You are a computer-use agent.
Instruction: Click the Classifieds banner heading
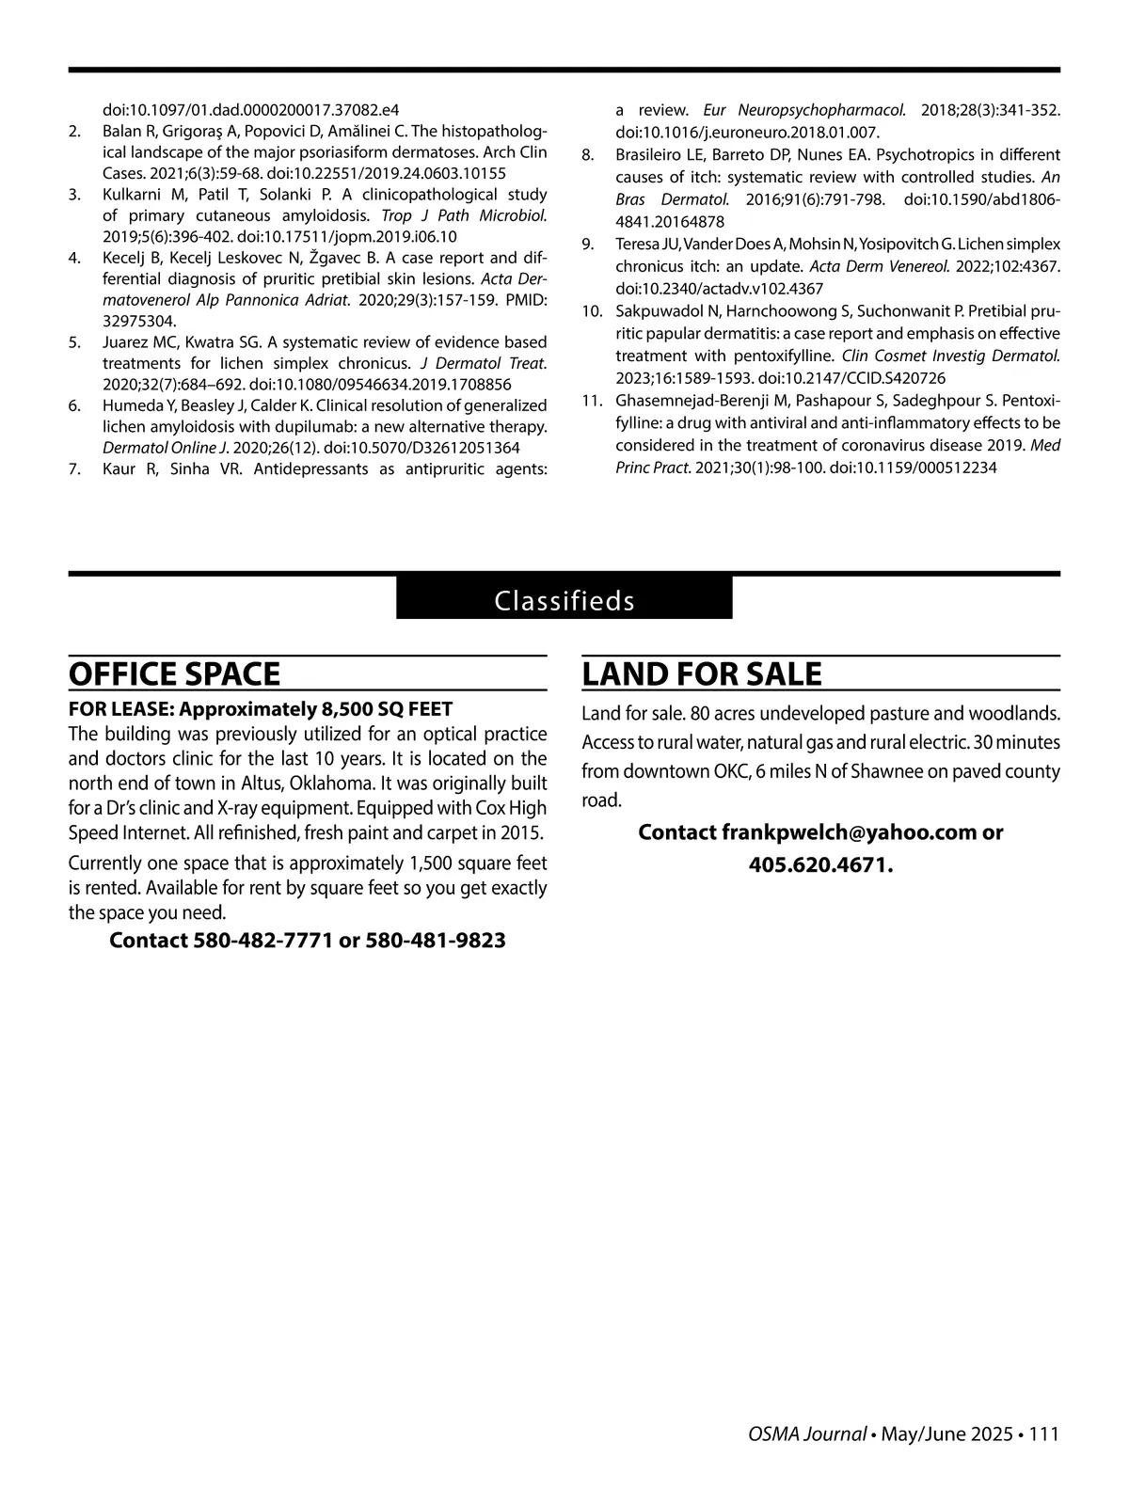point(564,600)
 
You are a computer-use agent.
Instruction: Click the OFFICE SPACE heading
point(174,674)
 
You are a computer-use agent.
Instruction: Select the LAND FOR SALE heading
point(702,674)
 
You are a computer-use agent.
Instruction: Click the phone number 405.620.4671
point(819,864)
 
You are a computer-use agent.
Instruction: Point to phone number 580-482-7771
point(262,941)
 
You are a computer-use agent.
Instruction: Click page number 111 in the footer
point(1044,1434)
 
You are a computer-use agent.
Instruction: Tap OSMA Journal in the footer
point(807,1434)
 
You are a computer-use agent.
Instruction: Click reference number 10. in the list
point(591,310)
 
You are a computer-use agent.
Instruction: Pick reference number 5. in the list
point(74,341)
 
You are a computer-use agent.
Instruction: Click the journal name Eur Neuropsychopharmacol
point(804,110)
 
